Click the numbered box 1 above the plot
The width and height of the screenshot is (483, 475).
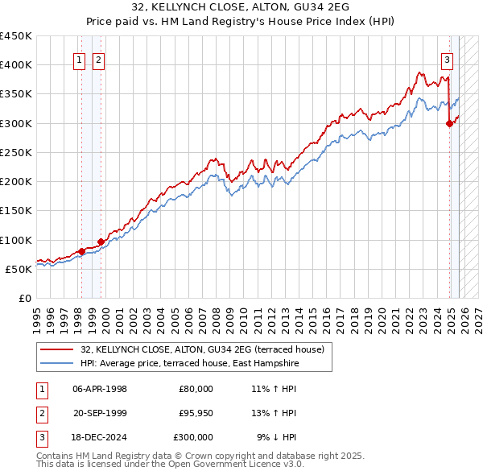80,59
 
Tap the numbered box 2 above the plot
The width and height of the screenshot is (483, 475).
97,59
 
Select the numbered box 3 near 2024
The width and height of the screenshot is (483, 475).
447,59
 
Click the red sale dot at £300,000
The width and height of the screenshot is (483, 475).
449,123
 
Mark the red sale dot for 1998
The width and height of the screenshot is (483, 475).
81,251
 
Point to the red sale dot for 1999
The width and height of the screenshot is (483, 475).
101,242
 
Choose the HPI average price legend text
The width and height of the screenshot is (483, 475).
189,364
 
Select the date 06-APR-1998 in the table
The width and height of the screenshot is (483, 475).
100,389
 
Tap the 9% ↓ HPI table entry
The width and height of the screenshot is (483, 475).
277,437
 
